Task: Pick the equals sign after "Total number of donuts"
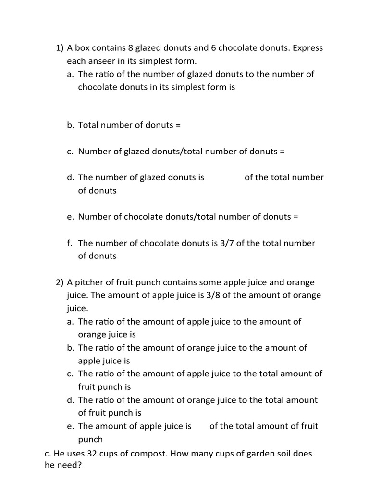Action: point(178,125)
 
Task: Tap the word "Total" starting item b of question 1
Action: point(89,125)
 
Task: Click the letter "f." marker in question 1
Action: point(70,243)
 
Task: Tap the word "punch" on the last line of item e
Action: point(90,439)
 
